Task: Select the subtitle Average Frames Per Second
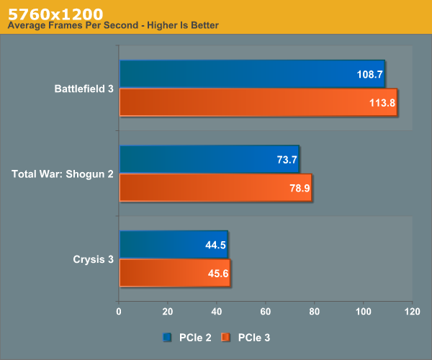(x=112, y=26)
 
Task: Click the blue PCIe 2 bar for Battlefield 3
(x=252, y=74)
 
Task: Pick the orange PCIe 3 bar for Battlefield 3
(x=258, y=102)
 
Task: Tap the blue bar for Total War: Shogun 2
(x=209, y=159)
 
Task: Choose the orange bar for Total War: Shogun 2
(x=215, y=187)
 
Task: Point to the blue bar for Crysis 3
(x=173, y=244)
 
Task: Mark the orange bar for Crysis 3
(x=174, y=272)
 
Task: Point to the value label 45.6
(x=217, y=272)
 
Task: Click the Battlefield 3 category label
(x=84, y=89)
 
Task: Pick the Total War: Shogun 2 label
(x=63, y=174)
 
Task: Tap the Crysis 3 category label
(x=93, y=259)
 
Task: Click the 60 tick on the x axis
(x=266, y=312)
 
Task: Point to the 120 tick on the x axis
(x=412, y=312)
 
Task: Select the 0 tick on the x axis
(x=119, y=312)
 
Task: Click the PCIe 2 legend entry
(x=187, y=336)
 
